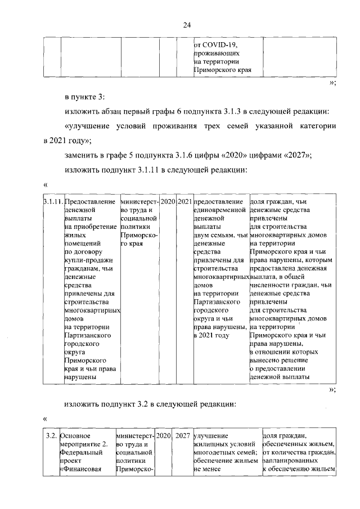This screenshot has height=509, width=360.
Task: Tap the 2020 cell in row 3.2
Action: pyautogui.click(x=163, y=435)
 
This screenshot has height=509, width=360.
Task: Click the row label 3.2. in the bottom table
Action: pyautogui.click(x=51, y=435)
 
